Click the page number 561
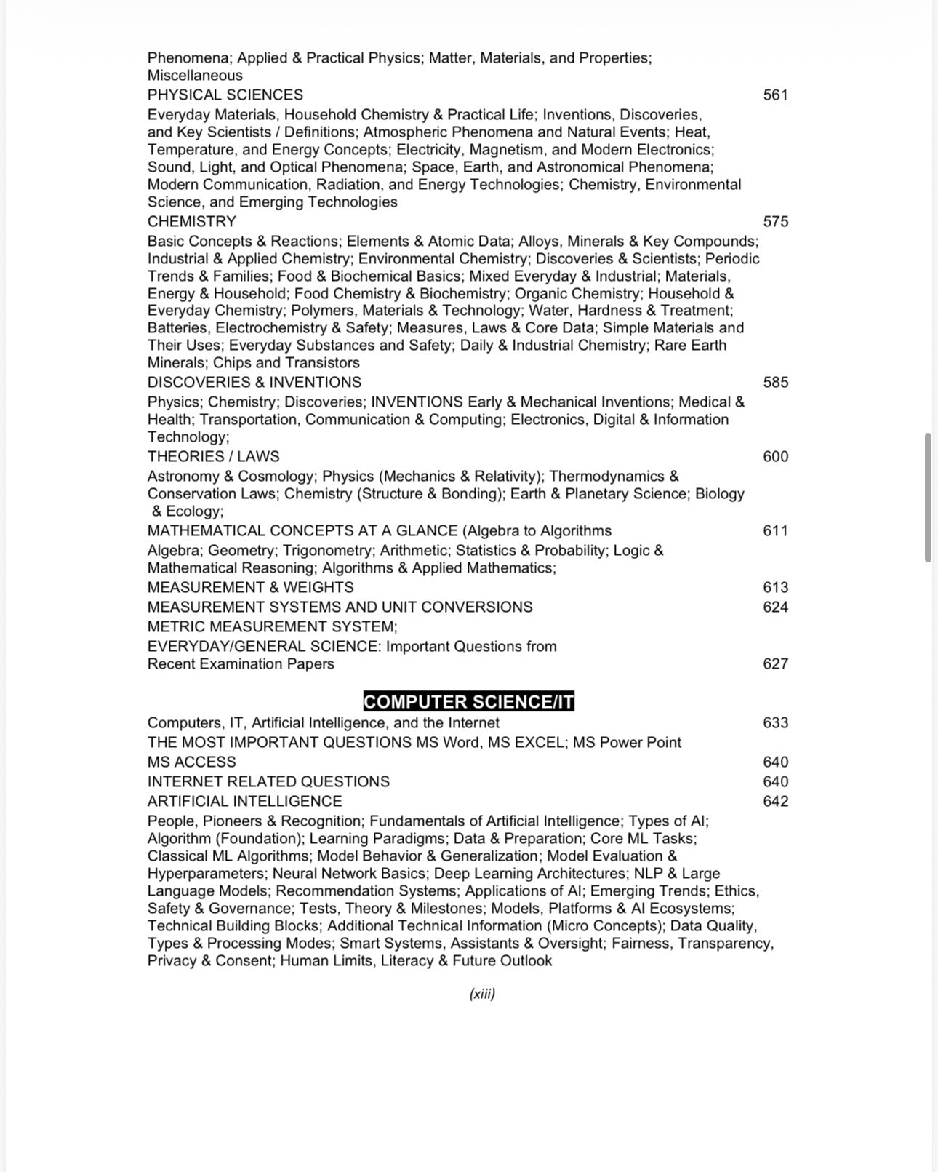tap(775, 95)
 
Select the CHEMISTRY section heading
tap(192, 221)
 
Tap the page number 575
tap(775, 221)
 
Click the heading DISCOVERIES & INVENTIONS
tap(254, 382)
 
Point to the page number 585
tap(775, 382)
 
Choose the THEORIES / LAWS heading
tap(213, 456)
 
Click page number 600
tap(775, 456)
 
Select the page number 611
tap(775, 530)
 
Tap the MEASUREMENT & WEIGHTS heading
tap(250, 587)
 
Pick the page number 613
tap(775, 587)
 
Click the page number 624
tap(775, 607)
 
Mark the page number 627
tap(775, 663)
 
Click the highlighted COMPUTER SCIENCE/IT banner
tap(469, 702)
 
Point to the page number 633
tap(775, 722)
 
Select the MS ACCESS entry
tap(191, 762)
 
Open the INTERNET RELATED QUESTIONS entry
tap(268, 781)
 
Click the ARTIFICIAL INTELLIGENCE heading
tap(244, 801)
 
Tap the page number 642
tap(775, 801)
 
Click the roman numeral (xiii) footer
tap(482, 994)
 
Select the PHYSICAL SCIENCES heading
tap(225, 95)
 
